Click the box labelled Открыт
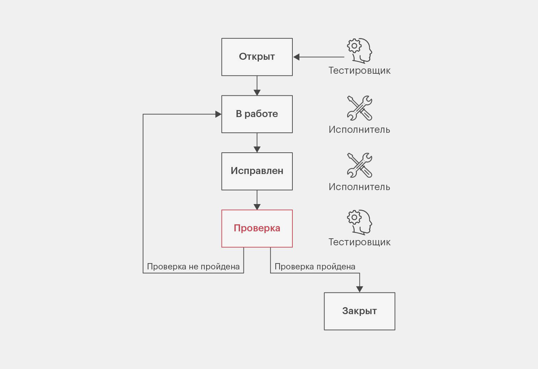click(x=257, y=57)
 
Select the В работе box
click(x=257, y=114)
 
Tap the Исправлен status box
click(x=257, y=171)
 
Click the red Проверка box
click(x=257, y=229)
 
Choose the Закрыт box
click(x=359, y=311)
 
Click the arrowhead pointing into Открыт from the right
click(x=296, y=57)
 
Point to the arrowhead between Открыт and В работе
click(x=257, y=93)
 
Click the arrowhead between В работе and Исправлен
click(x=257, y=150)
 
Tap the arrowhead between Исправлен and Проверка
click(x=257, y=207)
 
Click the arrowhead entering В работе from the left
click(x=218, y=114)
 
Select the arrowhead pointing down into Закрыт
click(x=359, y=289)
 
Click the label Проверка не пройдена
click(x=193, y=267)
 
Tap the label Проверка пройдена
click(x=315, y=267)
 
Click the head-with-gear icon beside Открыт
click(x=359, y=51)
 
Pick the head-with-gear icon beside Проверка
click(x=359, y=222)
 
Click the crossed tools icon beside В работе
click(x=359, y=108)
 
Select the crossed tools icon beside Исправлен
click(x=359, y=165)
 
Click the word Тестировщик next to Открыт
click(x=359, y=71)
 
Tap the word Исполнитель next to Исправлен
click(x=359, y=187)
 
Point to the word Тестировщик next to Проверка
click(x=359, y=242)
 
